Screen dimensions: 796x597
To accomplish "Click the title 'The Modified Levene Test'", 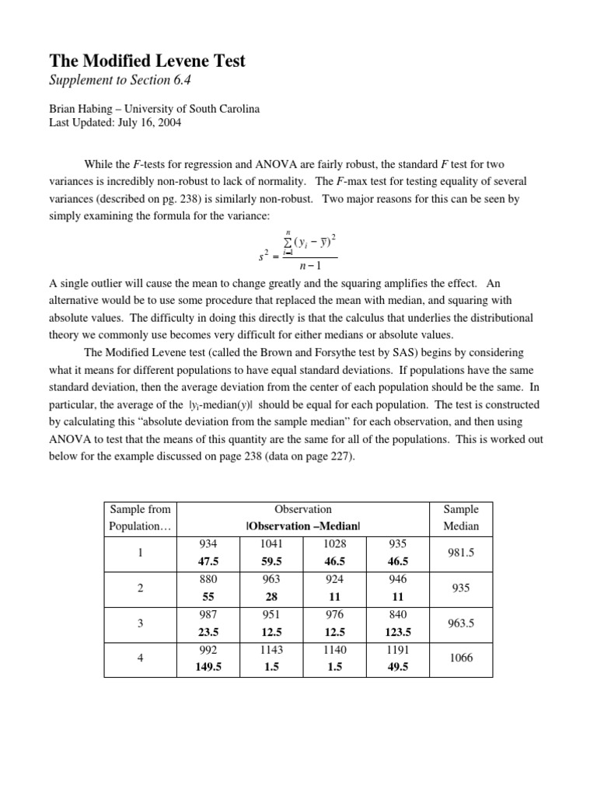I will click(x=148, y=61).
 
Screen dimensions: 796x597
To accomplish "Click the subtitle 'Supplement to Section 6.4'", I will click(x=120, y=82).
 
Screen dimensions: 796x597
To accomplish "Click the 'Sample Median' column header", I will click(x=461, y=518).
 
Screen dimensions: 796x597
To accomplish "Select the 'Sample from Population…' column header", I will click(x=140, y=518).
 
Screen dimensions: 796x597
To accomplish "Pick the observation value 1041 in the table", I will click(x=272, y=543).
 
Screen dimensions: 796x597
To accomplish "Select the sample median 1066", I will click(x=461, y=658).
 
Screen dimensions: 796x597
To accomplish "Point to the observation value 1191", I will click(x=396, y=649).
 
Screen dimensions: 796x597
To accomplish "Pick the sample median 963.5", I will click(x=461, y=622).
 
